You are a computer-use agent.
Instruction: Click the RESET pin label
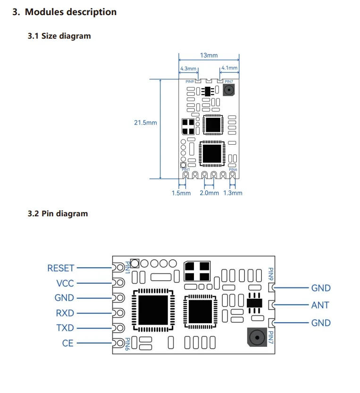[x=61, y=268]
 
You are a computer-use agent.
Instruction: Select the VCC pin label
[x=65, y=283]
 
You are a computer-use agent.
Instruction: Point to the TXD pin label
[x=65, y=328]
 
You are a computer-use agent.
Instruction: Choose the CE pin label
[x=68, y=343]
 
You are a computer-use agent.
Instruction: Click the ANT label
[x=320, y=305]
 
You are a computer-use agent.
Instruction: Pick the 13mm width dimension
[x=209, y=55]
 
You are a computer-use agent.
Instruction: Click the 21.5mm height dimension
[x=145, y=123]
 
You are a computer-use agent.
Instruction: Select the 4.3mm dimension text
[x=188, y=68]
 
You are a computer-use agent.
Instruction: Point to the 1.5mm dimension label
[x=181, y=193]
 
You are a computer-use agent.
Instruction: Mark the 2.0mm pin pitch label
[x=209, y=193]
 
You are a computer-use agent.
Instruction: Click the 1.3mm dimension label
[x=233, y=193]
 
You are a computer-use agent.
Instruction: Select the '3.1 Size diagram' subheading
[x=59, y=36]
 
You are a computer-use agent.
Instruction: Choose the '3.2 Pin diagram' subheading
[x=58, y=213]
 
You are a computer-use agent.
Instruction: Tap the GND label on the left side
[x=64, y=298]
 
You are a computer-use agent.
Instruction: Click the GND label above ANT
[x=321, y=288]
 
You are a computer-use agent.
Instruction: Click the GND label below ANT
[x=321, y=323]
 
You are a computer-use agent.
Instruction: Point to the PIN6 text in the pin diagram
[x=127, y=343]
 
